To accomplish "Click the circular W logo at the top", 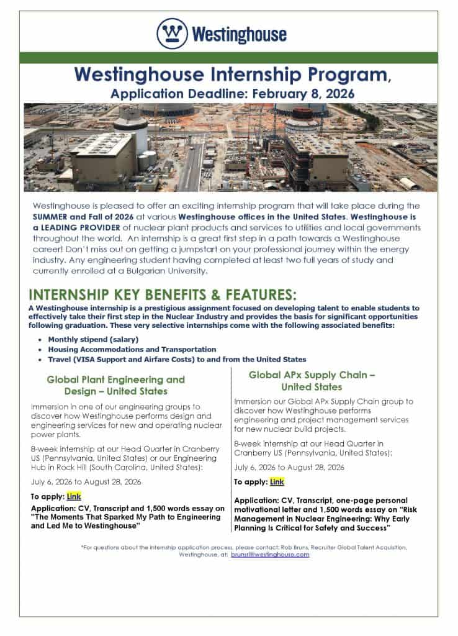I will pos(172,33).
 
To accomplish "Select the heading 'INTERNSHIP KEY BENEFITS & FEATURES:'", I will pos(163,294).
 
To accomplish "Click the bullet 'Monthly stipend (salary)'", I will pos(93,339).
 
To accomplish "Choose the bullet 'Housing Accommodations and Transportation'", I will pos(132,349).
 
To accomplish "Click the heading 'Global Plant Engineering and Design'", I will pos(116,385).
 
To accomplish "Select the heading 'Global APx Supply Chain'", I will pos(312,381).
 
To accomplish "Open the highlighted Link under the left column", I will pos(74,496).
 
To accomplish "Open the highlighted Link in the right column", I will pos(277,481).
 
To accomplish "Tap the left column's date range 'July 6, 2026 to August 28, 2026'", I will pos(86,481).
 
